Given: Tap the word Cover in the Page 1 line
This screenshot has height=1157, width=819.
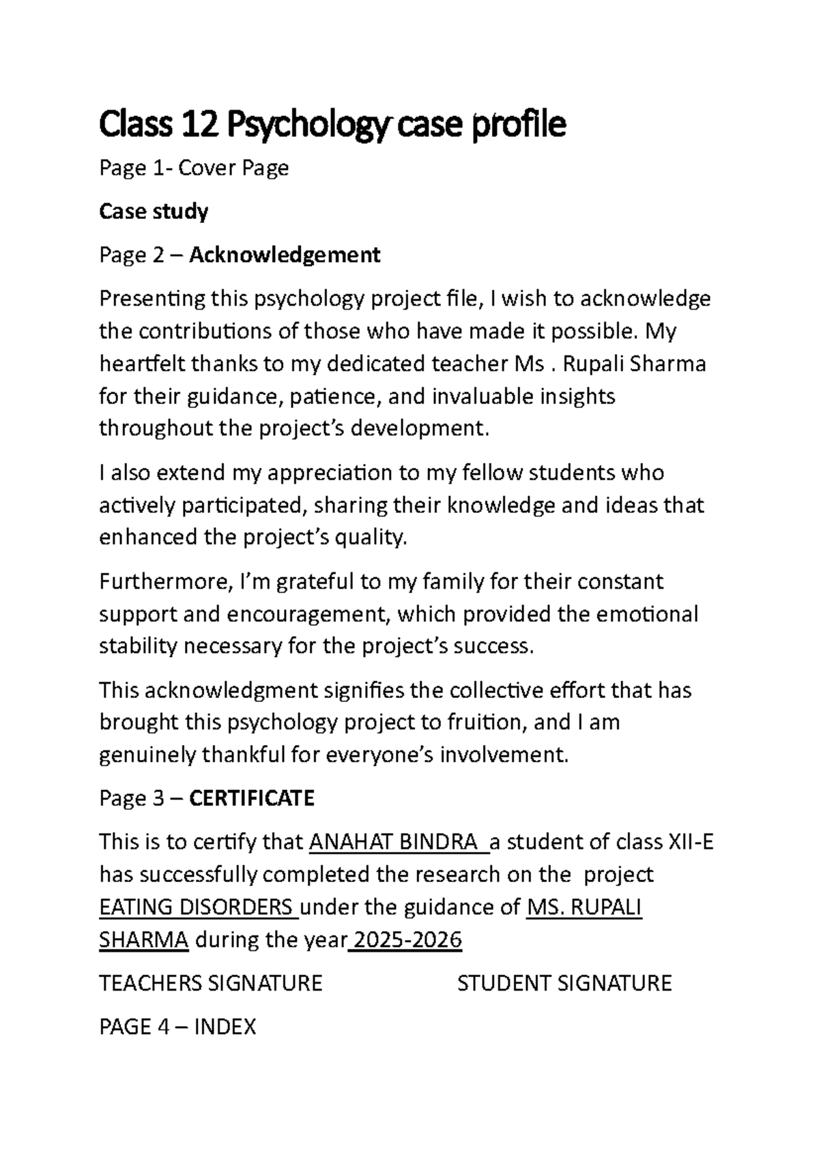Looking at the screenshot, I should coord(204,168).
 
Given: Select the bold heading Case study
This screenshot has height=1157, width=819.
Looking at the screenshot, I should coord(154,211).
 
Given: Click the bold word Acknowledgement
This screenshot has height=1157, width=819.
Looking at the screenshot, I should coord(285,255).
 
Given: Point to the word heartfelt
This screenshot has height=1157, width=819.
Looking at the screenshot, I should coord(142,364).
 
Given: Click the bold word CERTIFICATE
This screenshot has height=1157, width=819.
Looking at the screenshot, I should coord(251,798).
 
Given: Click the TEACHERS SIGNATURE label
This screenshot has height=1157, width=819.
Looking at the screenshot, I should coord(210,984).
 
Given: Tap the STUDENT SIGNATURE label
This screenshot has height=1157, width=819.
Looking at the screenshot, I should coord(564,984).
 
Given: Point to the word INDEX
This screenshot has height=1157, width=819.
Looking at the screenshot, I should coord(225,1027).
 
